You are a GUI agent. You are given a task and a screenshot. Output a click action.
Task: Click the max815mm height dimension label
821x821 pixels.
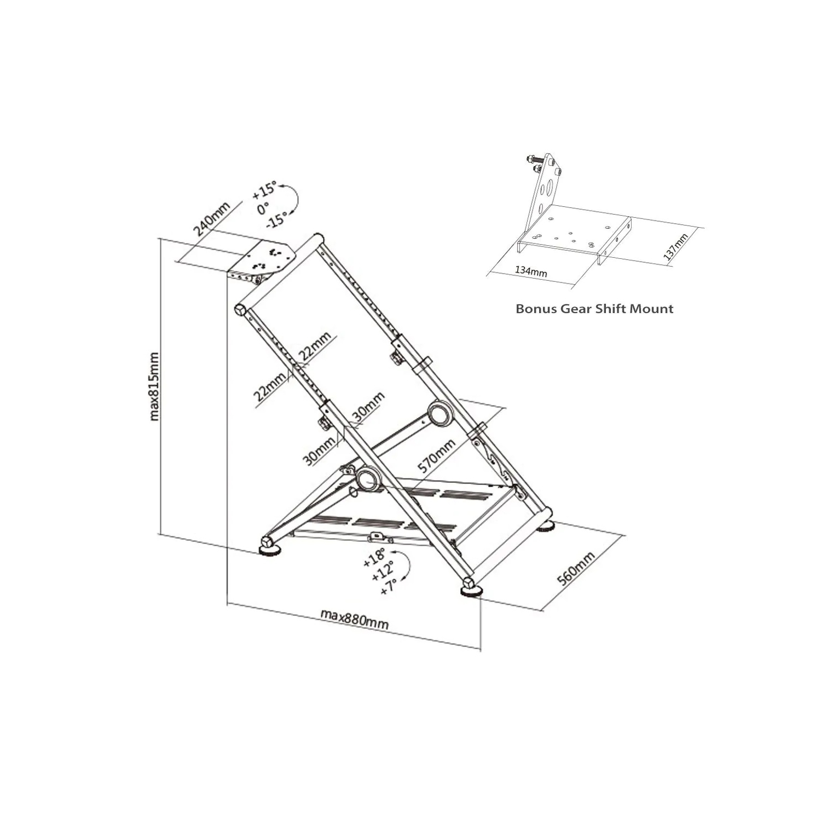point(155,386)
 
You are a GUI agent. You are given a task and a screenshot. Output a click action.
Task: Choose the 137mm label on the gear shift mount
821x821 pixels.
point(675,247)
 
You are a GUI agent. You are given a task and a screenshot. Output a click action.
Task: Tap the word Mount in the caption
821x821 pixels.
point(651,309)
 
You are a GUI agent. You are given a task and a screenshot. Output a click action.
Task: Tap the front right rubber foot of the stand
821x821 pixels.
point(471,589)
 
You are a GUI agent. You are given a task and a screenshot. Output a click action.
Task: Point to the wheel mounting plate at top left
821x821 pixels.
point(270,259)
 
